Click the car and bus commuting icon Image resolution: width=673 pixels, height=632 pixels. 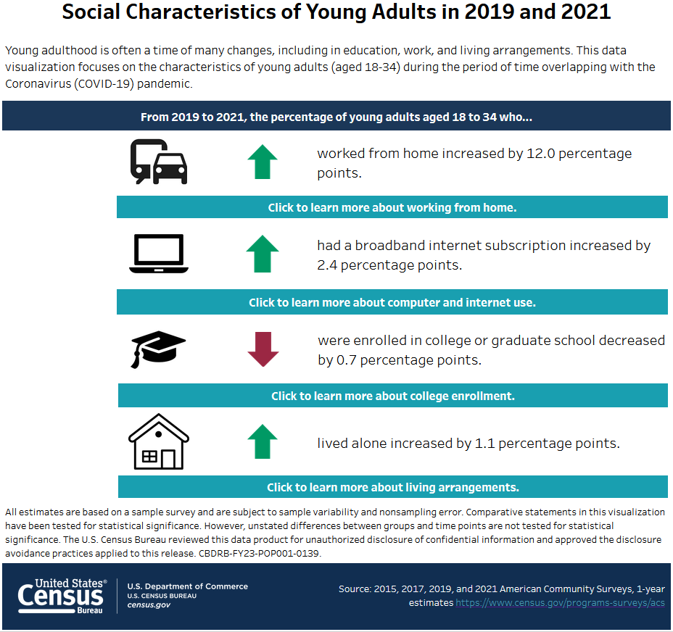pos(159,162)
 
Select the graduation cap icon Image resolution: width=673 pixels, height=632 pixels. pos(158,349)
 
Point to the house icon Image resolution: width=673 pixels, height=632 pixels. pos(158,442)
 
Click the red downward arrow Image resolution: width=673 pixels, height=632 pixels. pos(263,349)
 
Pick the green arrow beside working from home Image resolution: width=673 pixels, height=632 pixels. pos(263,162)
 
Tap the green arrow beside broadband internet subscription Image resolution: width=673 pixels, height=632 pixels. pos(263,254)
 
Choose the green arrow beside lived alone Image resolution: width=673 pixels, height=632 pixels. pos(263,442)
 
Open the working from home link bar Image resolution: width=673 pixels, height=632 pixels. pos(392,207)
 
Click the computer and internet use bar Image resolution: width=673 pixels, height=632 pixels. pos(392,302)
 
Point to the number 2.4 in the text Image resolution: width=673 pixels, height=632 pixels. pos(328,265)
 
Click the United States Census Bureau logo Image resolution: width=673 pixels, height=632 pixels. pos(62,596)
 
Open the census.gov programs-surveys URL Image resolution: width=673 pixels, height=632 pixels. pos(560,603)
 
